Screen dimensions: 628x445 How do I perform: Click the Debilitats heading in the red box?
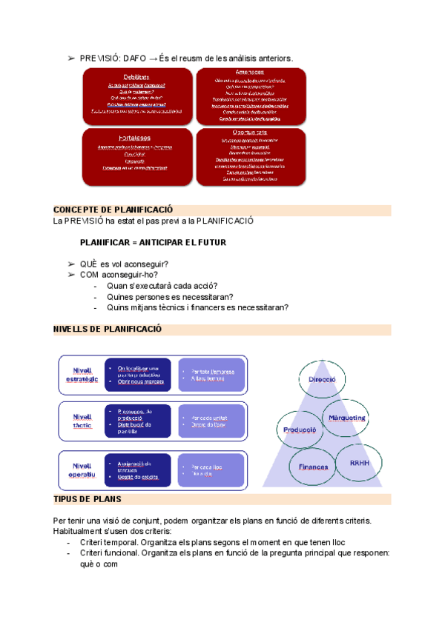pyautogui.click(x=136, y=77)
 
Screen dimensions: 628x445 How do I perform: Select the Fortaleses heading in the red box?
pyautogui.click(x=135, y=138)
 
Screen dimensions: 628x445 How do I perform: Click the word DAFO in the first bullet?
pyautogui.click(x=134, y=58)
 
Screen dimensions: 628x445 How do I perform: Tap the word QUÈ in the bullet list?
pyautogui.click(x=88, y=264)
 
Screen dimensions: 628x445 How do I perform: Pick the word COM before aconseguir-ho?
pyautogui.click(x=89, y=275)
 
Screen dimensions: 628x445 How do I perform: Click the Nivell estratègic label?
pyautogui.click(x=82, y=375)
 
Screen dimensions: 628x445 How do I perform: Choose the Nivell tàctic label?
pyautogui.click(x=82, y=421)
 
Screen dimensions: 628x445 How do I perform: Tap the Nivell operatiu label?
pyautogui.click(x=82, y=467)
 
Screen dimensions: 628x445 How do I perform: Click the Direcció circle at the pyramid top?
pyautogui.click(x=322, y=379)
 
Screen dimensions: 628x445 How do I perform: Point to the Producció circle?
pyautogui.click(x=300, y=430)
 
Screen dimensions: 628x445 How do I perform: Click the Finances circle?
pyautogui.click(x=313, y=467)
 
